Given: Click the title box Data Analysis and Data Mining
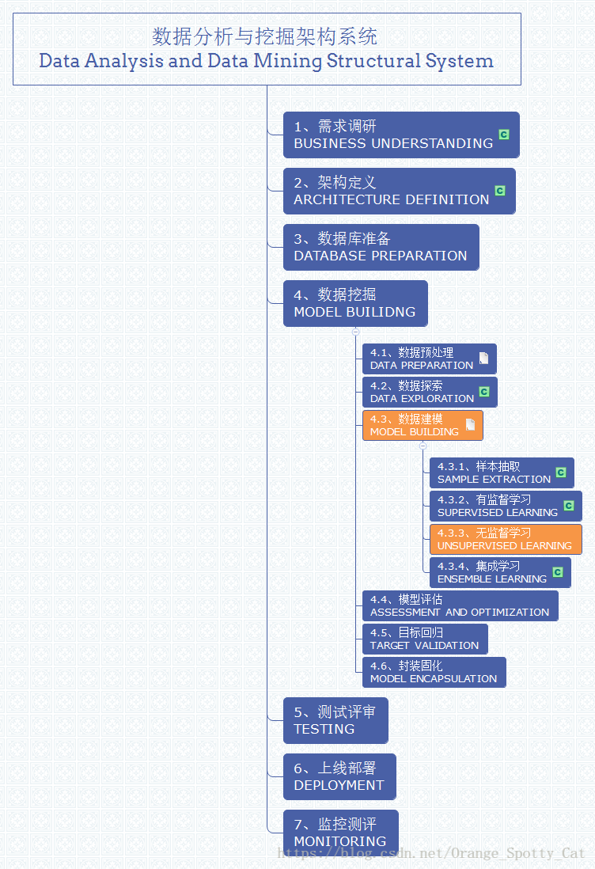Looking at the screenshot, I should tap(267, 49).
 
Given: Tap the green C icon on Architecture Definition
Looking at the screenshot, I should tap(499, 191).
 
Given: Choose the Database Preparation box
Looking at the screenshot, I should tap(381, 247).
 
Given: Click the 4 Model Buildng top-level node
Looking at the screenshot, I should tap(354, 303).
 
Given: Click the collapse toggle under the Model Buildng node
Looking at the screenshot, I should tap(356, 332).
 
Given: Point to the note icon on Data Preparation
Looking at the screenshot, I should tap(483, 359).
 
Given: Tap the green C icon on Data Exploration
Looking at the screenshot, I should tap(484, 392).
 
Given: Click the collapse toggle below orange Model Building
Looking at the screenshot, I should tap(423, 446).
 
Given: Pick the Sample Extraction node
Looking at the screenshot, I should tap(494, 472).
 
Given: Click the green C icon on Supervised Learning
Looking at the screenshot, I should tap(568, 506).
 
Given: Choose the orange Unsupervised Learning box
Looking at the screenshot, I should tap(505, 539).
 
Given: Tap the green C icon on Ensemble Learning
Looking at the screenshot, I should tap(557, 572).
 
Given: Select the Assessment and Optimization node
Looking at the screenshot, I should tap(459, 605).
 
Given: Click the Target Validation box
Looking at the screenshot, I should tap(424, 639).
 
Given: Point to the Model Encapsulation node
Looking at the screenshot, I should tap(433, 672).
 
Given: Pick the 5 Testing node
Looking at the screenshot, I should tap(335, 720).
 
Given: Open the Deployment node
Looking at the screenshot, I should tap(339, 776).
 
